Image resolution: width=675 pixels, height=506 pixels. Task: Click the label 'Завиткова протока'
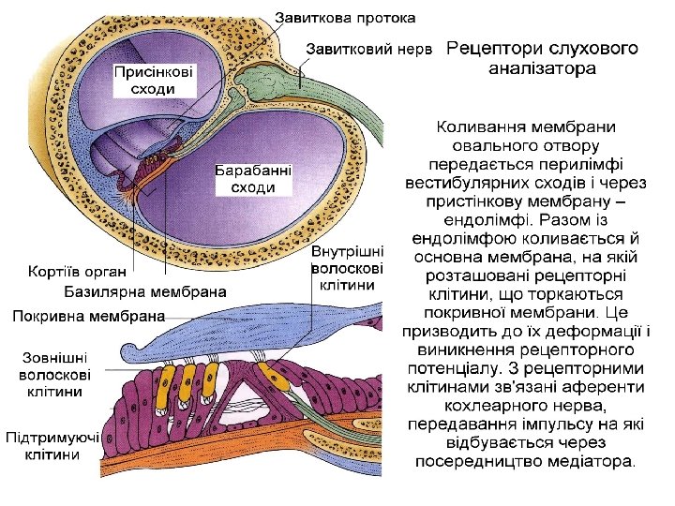[346, 18]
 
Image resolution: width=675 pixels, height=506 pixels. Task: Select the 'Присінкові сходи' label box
[156, 80]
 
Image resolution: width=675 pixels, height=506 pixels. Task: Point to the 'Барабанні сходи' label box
[253, 179]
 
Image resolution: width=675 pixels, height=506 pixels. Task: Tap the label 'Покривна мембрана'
[88, 316]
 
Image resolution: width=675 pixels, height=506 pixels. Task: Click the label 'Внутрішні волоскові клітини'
[347, 267]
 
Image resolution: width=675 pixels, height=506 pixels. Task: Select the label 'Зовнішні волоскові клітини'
[55, 374]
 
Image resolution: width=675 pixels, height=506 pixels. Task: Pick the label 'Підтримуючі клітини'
[53, 446]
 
